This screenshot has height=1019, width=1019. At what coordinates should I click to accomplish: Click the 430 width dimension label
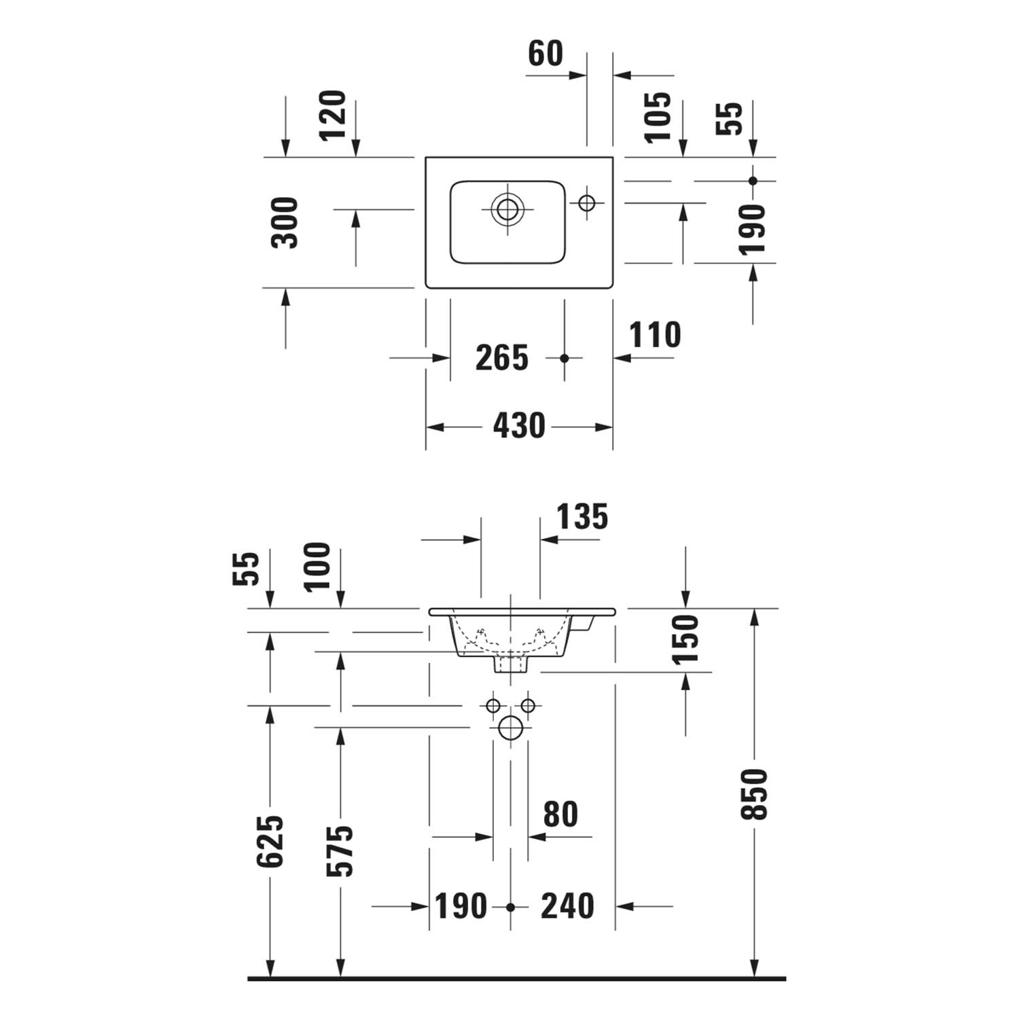pyautogui.click(x=519, y=427)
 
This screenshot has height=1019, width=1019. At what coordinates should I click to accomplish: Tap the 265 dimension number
pyautogui.click(x=502, y=358)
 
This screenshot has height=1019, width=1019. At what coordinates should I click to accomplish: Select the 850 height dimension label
pyautogui.click(x=754, y=794)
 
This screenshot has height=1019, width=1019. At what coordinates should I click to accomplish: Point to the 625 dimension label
pyautogui.click(x=270, y=842)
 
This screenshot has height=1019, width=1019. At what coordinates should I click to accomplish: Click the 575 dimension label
pyautogui.click(x=340, y=851)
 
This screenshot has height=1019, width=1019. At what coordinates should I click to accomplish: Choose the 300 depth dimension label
pyautogui.click(x=285, y=222)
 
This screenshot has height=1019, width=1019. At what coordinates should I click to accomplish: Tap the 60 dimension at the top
pyautogui.click(x=546, y=54)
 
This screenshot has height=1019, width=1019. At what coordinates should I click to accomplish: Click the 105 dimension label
pyautogui.click(x=658, y=117)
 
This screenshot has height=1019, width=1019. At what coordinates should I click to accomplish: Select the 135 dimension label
pyautogui.click(x=583, y=517)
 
